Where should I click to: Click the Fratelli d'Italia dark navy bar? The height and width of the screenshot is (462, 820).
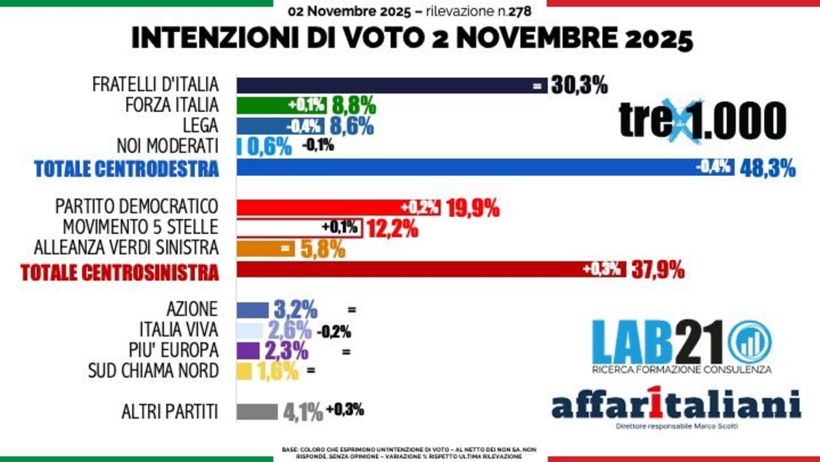tap(383, 86)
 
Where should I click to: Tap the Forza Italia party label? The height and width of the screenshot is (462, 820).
tap(172, 105)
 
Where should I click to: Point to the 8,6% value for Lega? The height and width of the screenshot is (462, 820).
tap(353, 127)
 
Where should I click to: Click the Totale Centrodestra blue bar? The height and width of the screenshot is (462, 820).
tap(465, 168)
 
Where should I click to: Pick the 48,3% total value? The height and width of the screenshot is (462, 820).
tap(768, 168)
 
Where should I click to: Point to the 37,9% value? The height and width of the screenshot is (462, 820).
tap(657, 271)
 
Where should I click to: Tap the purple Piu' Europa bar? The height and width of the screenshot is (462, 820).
tap(247, 351)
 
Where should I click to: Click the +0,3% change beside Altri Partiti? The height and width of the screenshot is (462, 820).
tap(345, 410)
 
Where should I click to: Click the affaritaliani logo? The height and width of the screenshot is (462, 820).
tap(676, 405)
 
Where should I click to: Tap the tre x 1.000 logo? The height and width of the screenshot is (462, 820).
tap(702, 120)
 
